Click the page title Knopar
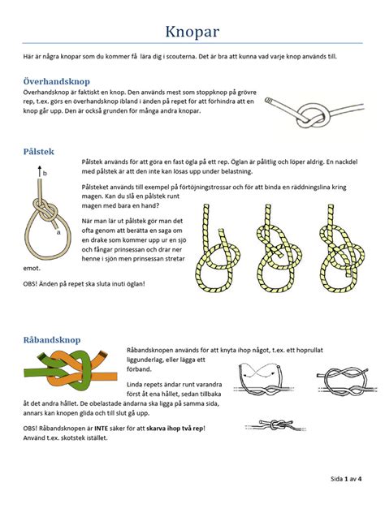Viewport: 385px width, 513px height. point(192,32)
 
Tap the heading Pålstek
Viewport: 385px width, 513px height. point(40,151)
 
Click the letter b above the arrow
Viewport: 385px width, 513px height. point(45,173)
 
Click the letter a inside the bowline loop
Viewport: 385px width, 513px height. point(58,231)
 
